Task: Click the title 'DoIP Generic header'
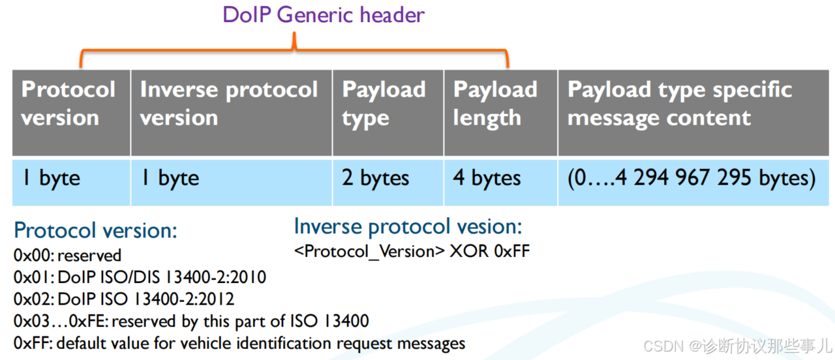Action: click(324, 15)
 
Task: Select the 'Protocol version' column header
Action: click(68, 104)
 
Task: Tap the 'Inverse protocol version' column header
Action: click(229, 104)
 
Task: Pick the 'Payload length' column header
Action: click(495, 104)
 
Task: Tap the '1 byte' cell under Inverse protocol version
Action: click(170, 179)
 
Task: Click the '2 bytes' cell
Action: click(376, 179)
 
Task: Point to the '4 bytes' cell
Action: click(487, 179)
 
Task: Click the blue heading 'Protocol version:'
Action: click(95, 230)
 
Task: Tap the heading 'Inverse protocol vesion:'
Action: click(408, 226)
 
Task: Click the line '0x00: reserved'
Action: click(67, 255)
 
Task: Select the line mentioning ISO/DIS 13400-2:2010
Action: click(140, 277)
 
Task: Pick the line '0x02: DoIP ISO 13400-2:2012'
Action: click(124, 299)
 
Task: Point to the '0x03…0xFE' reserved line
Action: click(191, 321)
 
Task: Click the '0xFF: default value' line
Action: click(239, 343)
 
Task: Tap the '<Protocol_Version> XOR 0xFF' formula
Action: click(412, 251)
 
